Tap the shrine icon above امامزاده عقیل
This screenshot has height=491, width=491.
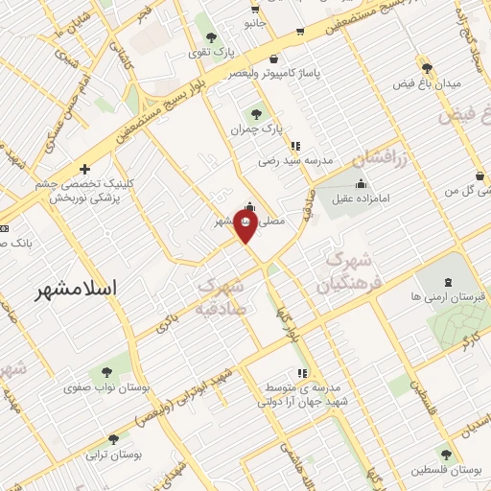[x=361, y=184]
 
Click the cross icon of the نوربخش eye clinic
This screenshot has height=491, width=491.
[x=85, y=169]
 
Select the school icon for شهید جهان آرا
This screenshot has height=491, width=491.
[x=302, y=372]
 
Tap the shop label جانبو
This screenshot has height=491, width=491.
[x=253, y=21]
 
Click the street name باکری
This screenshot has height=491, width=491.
[x=164, y=321]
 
